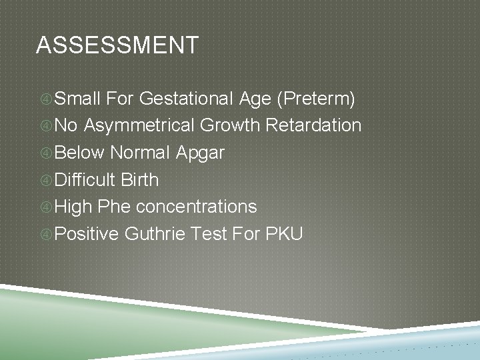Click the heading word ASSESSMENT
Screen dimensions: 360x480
click(117, 46)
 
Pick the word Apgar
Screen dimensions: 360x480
click(200, 153)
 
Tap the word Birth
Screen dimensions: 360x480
click(140, 180)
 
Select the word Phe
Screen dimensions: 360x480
click(115, 207)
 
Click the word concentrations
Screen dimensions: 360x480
click(197, 207)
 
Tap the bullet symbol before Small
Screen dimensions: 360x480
click(45, 100)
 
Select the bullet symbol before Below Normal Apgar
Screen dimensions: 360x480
click(45, 153)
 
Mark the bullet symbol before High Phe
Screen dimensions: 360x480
click(45, 207)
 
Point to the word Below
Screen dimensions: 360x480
click(80, 153)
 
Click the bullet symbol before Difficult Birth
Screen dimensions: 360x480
click(45, 180)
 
